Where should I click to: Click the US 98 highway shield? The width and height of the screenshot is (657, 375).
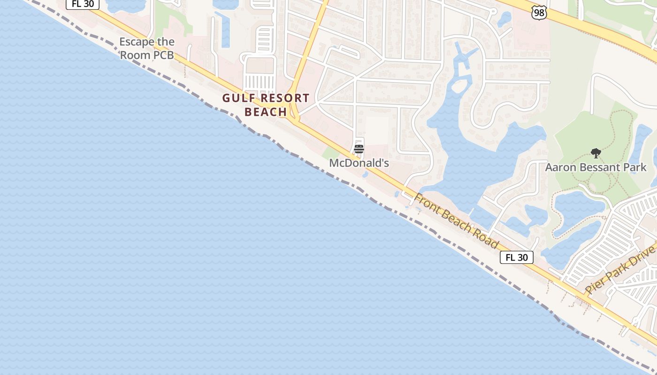539,13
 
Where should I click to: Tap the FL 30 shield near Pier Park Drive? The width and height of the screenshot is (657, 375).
517,257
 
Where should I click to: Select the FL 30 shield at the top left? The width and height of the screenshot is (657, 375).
83,4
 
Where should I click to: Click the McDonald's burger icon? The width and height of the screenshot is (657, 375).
359,149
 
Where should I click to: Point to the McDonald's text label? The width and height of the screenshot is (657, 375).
359,163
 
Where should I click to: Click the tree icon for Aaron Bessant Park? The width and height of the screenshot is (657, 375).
596,153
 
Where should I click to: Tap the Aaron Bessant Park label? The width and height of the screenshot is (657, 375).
596,167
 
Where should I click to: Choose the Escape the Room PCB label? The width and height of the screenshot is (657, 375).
147,48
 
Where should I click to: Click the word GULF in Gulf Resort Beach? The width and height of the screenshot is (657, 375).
239,98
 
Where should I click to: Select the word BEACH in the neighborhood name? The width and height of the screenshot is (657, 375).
266,112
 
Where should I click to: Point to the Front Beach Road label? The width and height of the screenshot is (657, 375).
456,221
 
